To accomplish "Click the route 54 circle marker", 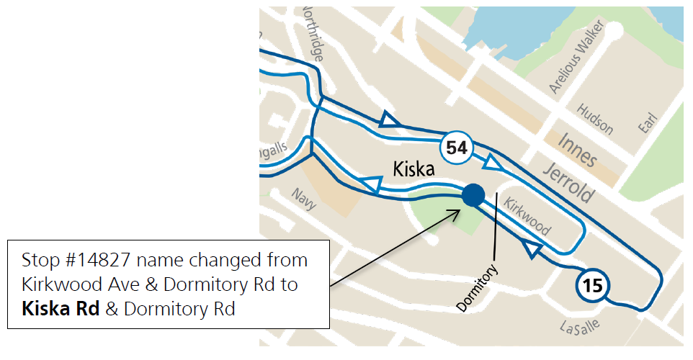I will (457, 148).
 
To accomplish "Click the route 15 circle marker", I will (591, 287).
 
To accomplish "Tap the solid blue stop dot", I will (473, 194).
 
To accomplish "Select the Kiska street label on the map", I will (413, 169).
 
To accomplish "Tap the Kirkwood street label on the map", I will (527, 216).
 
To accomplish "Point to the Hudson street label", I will (596, 119).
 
